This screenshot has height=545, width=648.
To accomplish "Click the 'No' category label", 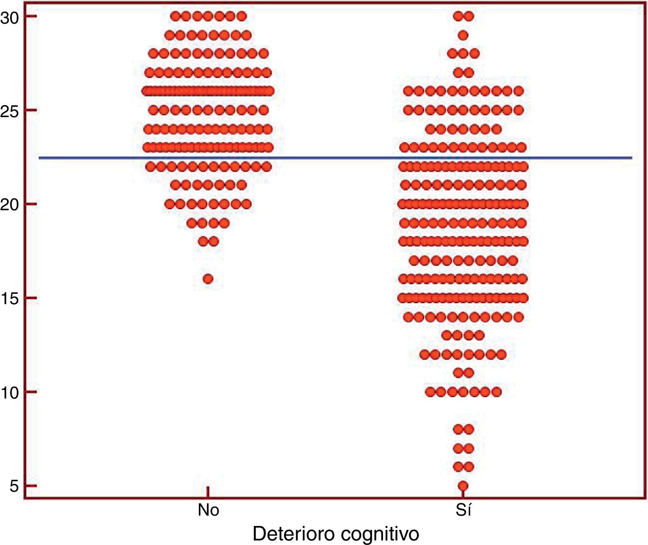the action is pyautogui.click(x=208, y=510).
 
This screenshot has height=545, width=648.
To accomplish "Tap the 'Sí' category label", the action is pyautogui.click(x=463, y=510).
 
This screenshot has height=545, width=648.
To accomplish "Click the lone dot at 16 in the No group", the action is pyautogui.click(x=208, y=279).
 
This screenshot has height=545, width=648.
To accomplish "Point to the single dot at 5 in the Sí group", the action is pyautogui.click(x=463, y=485).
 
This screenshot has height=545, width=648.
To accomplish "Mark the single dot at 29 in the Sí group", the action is pyautogui.click(x=463, y=35).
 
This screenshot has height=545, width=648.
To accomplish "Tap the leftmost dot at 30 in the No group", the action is pyautogui.click(x=175, y=17).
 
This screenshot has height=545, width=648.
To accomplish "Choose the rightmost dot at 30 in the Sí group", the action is pyautogui.click(x=469, y=17).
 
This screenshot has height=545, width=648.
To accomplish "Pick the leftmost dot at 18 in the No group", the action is pyautogui.click(x=203, y=241).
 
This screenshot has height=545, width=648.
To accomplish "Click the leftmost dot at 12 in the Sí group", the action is pyautogui.click(x=424, y=354).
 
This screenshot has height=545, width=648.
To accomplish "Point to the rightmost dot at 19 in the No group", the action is pyautogui.click(x=224, y=223).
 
